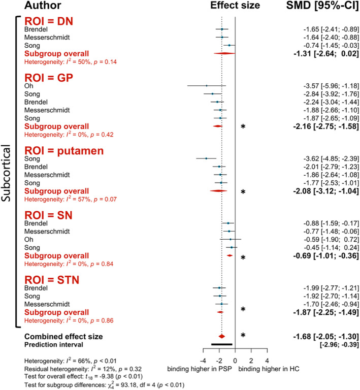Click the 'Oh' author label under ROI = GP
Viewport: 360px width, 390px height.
[29, 86]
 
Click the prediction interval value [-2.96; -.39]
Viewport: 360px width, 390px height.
[335, 344]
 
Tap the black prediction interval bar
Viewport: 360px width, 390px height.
[221, 344]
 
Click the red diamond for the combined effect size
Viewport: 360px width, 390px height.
[221, 336]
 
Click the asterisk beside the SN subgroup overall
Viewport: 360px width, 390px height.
[243, 258]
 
